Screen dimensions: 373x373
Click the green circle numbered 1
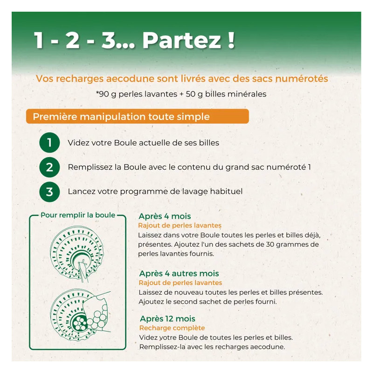coord(49,143)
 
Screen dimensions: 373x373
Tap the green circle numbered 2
coord(49,167)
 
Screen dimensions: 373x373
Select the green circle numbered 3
coord(49,192)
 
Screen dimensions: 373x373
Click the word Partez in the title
coord(181,41)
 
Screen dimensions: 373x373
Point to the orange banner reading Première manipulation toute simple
coord(137,116)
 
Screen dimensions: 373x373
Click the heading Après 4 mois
coord(165,216)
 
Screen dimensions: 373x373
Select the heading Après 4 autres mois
coord(179,273)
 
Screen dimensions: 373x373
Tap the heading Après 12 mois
coord(167,319)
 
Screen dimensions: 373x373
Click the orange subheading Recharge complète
coord(172,328)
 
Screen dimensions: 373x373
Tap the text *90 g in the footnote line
coord(106,94)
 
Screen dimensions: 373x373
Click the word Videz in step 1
coord(78,143)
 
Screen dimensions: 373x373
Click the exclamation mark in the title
coord(231,41)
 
